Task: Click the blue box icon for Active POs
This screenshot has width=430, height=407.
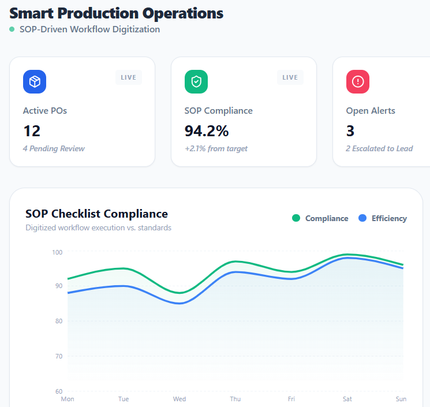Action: (x=35, y=81)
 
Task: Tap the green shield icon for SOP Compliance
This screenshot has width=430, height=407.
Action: (x=196, y=81)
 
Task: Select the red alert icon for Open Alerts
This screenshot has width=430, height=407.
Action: (x=358, y=81)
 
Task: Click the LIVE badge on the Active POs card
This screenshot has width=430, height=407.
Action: (x=129, y=77)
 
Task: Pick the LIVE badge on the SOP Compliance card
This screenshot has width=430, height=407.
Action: (x=290, y=77)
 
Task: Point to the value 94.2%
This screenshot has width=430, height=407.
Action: (x=207, y=131)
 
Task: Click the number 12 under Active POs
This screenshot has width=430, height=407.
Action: (x=32, y=131)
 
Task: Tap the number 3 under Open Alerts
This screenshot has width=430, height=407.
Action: (x=350, y=131)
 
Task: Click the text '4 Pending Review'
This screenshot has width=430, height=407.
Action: (x=54, y=148)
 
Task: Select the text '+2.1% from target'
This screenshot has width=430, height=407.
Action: (x=216, y=148)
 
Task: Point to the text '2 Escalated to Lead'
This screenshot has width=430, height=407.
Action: (x=379, y=148)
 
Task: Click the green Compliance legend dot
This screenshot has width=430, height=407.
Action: (x=296, y=218)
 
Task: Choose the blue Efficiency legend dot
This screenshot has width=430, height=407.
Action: (x=362, y=218)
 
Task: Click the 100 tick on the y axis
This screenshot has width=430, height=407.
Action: (x=57, y=252)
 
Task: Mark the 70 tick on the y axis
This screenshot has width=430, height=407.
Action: (x=58, y=356)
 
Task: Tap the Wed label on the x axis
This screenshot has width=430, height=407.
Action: (x=180, y=399)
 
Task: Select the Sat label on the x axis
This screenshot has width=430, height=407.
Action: (x=347, y=399)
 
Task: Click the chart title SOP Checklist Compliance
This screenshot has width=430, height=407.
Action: (x=96, y=214)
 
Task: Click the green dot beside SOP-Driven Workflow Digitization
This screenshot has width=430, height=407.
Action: (x=12, y=29)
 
